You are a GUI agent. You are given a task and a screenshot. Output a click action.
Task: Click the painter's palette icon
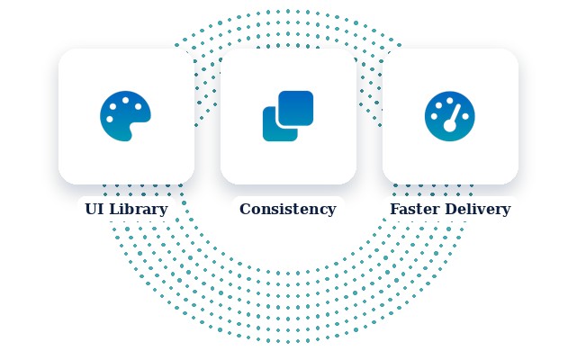(x=125, y=116)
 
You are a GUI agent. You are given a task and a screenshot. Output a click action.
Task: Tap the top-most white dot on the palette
(x=125, y=100)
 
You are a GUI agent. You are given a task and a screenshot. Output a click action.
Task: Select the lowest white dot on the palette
(x=109, y=120)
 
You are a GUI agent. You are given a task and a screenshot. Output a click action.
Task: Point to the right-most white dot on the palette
(x=138, y=106)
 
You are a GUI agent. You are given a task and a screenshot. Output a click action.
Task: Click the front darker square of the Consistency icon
(x=296, y=108)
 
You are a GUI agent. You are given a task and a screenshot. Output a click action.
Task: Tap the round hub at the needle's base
(x=450, y=126)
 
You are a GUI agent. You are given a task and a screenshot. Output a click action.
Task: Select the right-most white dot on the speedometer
(x=465, y=116)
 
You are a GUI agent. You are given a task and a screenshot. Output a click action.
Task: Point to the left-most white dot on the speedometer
(x=434, y=116)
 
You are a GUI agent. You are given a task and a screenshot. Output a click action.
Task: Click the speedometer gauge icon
(x=450, y=116)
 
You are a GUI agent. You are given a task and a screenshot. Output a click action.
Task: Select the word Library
(x=139, y=210)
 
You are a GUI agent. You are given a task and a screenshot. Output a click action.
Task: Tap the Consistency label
(x=288, y=209)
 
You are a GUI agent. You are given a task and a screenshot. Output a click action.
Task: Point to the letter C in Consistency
(x=246, y=209)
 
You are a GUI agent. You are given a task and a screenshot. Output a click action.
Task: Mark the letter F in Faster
(x=395, y=209)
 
